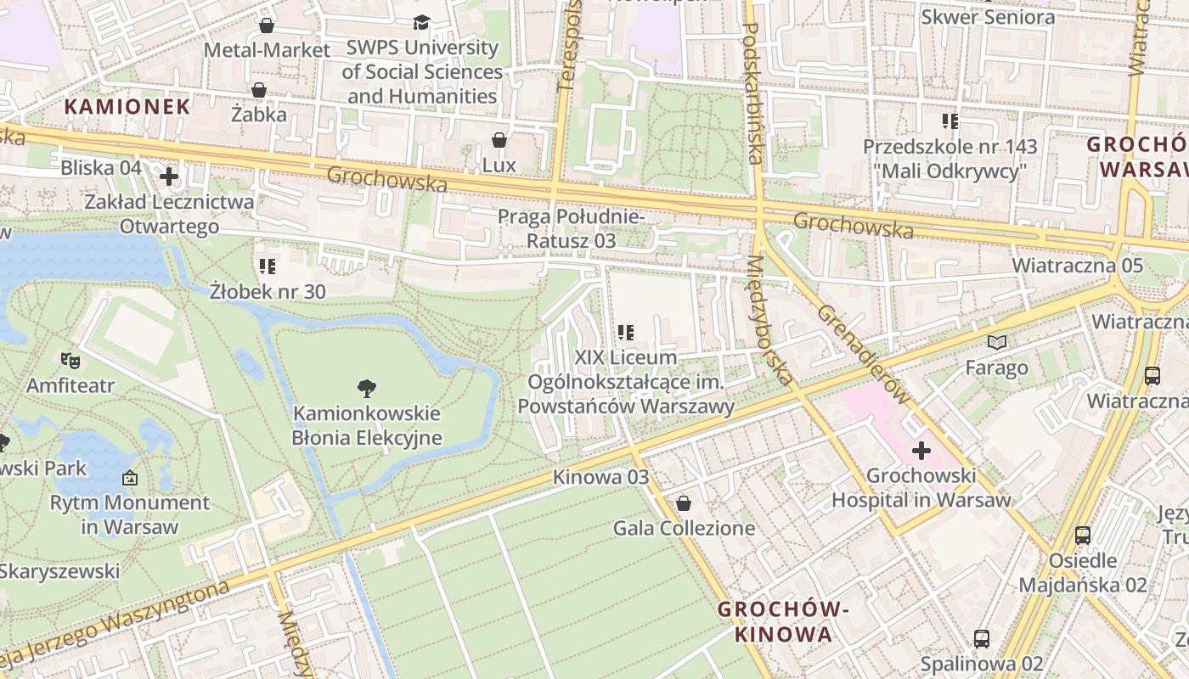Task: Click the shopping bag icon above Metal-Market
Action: point(267,25)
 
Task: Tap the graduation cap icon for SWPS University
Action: point(422,22)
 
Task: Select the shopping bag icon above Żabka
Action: point(259,89)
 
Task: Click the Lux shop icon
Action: point(499,139)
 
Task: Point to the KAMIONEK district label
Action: point(128,106)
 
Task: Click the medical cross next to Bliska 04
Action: point(169,177)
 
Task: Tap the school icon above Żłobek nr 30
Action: point(268,267)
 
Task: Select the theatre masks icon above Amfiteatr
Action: point(70,361)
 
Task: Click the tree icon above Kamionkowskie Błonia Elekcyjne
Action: point(367,389)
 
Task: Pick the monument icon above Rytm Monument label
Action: point(129,478)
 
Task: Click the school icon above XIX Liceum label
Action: point(626,333)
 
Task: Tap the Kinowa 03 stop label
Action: point(600,477)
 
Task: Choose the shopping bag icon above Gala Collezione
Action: point(684,503)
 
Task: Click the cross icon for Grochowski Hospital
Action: point(921,450)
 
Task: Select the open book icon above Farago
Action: point(997,342)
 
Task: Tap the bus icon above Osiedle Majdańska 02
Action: point(1083,535)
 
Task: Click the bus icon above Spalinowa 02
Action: point(982,638)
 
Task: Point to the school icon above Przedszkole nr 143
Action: point(950,121)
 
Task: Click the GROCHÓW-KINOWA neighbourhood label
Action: point(783,621)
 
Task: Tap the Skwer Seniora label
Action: point(988,16)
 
